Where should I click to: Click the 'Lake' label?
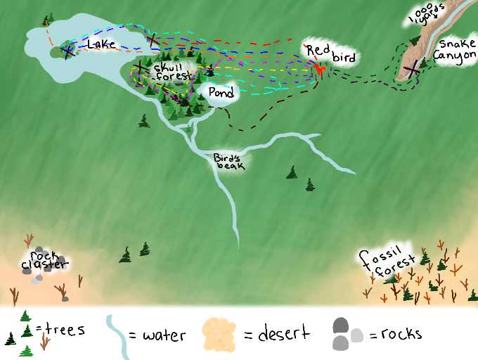(x=101, y=44)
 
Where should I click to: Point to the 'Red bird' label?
(x=330, y=53)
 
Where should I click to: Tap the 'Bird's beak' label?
(x=230, y=160)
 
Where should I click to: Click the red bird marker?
(x=320, y=70)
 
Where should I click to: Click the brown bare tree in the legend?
(x=44, y=342)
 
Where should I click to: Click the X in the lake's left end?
(x=67, y=50)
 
